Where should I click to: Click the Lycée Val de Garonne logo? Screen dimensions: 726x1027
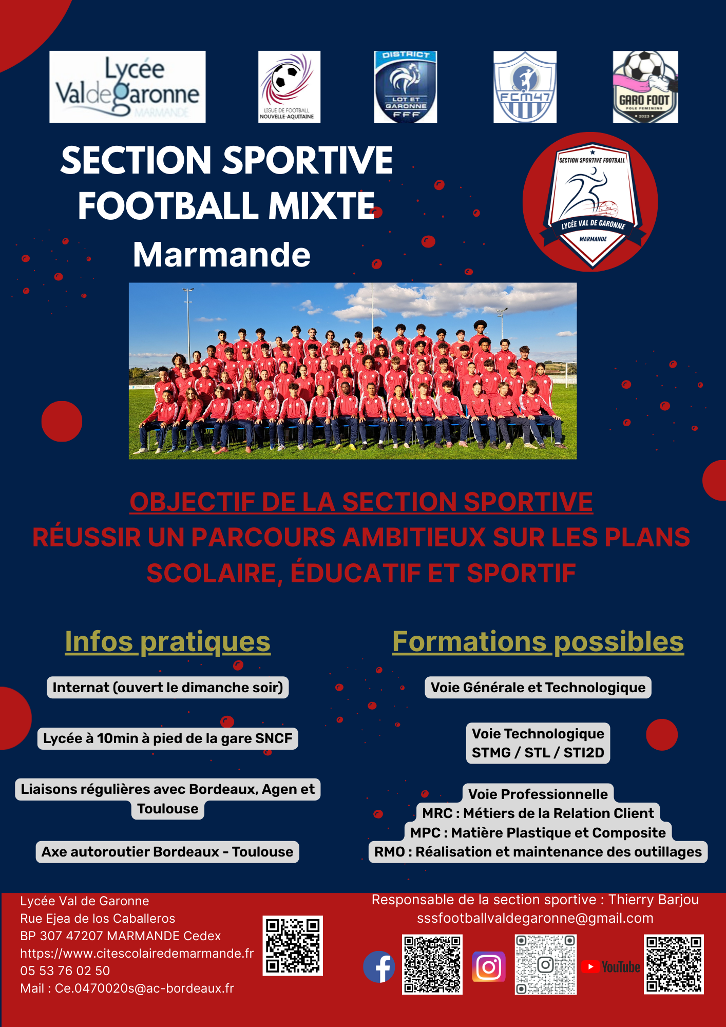click(127, 87)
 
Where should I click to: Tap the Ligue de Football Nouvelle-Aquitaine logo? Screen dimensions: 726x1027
click(289, 87)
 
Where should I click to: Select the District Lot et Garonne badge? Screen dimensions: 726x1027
click(405, 87)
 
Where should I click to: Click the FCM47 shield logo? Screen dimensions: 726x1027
click(525, 87)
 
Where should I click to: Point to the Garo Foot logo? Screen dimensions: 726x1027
click(645, 87)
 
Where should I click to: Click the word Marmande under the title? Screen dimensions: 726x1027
click(222, 255)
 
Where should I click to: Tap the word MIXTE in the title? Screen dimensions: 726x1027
click(322, 206)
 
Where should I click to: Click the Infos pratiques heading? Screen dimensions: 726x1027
click(167, 642)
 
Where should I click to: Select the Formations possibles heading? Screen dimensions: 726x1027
click(538, 642)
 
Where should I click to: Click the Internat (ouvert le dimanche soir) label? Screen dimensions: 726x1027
click(168, 688)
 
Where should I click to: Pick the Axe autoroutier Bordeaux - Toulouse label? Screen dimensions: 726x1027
click(167, 852)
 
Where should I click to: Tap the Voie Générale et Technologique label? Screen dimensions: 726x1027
click(538, 688)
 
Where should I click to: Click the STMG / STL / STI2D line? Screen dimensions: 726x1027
click(538, 753)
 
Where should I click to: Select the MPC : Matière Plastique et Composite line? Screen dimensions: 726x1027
click(538, 833)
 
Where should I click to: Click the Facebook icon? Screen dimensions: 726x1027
click(379, 966)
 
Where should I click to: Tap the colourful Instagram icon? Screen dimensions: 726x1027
click(489, 967)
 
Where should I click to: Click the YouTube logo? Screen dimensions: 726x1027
click(611, 967)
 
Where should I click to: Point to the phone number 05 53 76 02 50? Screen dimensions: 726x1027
click(65, 971)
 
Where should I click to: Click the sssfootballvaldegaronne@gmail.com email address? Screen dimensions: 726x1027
click(535, 918)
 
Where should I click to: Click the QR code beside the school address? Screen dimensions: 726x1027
click(293, 945)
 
